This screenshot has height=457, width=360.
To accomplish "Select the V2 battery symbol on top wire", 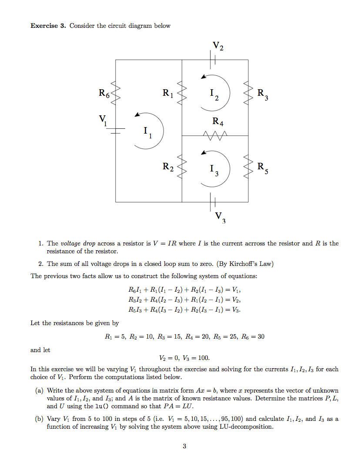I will pos(213,59).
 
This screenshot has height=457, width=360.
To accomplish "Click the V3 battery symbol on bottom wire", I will pos(213,202).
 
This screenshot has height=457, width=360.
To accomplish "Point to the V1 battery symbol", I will pos(116,131).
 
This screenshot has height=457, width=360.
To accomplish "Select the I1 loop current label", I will pos(147,131).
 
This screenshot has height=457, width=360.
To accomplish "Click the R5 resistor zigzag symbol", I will pos(248,168).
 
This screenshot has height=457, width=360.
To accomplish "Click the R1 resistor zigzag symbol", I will pos(182,93).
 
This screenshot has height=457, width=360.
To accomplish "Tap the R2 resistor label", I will pos(168,167).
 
